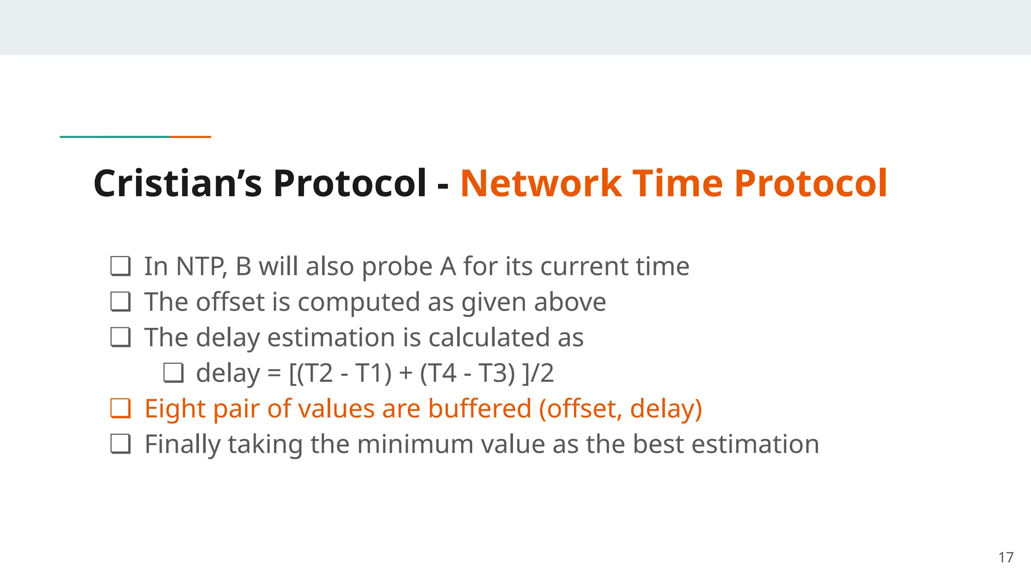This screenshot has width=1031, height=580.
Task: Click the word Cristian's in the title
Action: coord(177,183)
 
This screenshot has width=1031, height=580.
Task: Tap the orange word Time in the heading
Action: coord(678,183)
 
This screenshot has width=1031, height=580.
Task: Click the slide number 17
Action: coord(1006,557)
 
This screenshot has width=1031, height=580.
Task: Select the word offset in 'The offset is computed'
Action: coord(230,302)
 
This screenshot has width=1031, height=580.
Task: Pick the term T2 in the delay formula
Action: coord(319,373)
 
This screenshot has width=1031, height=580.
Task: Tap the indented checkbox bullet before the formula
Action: coord(173,373)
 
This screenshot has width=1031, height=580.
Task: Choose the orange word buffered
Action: coord(480,408)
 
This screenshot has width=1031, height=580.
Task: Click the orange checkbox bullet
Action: coord(121,408)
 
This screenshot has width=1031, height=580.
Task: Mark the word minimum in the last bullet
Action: coord(415,444)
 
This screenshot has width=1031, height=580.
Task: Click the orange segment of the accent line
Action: coord(190,136)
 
